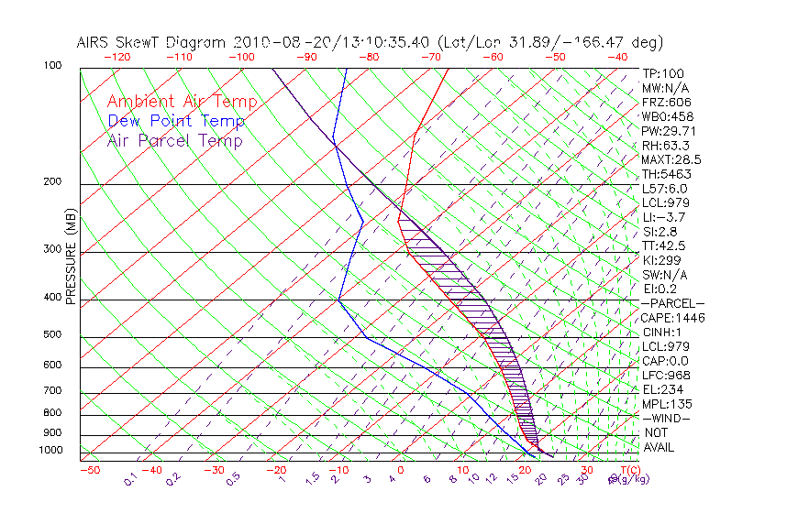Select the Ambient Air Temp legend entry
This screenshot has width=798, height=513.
point(182,103)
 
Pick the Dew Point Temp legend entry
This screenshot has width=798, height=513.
point(176,122)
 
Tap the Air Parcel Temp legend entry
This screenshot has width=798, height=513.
point(174,141)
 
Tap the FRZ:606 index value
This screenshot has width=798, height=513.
point(664,103)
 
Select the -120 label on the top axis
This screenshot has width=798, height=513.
point(116,56)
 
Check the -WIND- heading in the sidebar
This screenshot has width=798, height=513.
point(666,418)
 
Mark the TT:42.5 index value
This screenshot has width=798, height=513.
point(664,246)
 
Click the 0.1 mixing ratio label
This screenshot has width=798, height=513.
point(130,478)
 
